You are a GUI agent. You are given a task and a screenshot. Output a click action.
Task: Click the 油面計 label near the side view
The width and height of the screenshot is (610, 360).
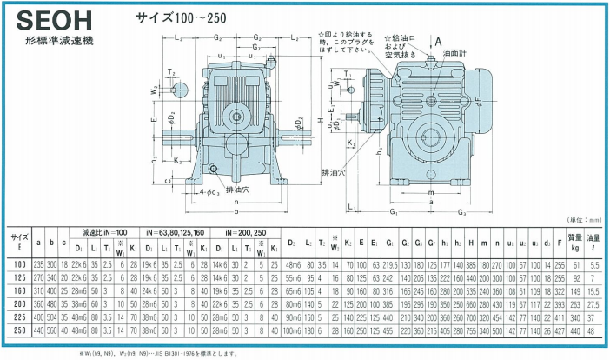point(455,54)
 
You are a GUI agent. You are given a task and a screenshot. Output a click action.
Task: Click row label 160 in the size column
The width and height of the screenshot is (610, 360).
point(17,290)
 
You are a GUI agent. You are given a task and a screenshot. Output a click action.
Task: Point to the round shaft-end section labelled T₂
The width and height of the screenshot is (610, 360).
point(180,88)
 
